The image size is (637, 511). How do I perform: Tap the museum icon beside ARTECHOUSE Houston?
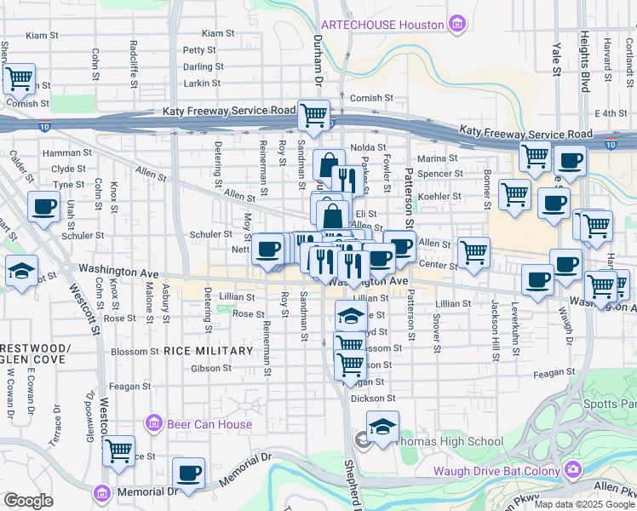(x=458, y=22)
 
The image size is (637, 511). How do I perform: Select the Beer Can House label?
(x=209, y=424)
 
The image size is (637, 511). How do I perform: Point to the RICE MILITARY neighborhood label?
(x=209, y=351)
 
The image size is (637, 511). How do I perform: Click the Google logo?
(x=28, y=501)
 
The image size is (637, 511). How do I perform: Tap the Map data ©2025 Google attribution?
(x=584, y=504)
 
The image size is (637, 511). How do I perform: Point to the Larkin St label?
(x=202, y=83)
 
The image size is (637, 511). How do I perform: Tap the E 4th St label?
(x=610, y=112)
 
